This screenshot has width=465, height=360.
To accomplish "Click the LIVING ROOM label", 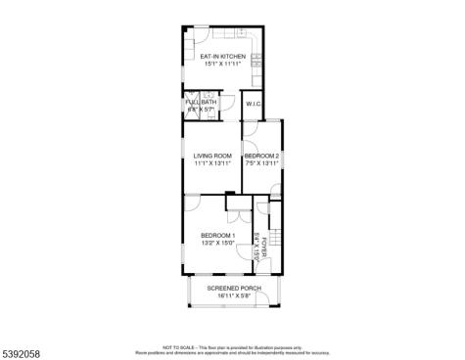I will (211, 156).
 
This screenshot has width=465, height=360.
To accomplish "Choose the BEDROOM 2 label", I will (262, 156).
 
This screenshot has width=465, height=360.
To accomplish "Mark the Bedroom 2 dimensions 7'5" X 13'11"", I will (262, 163).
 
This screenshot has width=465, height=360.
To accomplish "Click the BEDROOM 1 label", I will (218, 235).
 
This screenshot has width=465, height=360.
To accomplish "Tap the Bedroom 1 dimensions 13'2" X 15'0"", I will (218, 243).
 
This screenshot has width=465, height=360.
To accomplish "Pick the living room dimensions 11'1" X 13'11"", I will (211, 163).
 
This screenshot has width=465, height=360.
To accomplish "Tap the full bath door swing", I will (223, 101).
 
